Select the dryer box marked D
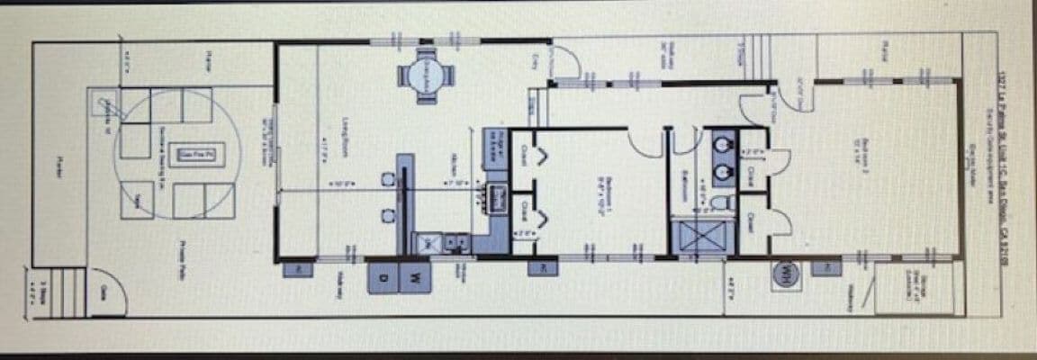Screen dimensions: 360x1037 point(383,276)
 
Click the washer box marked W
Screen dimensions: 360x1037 point(415,276)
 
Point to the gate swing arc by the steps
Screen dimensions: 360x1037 point(101,286)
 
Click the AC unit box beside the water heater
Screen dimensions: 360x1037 point(823,267)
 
